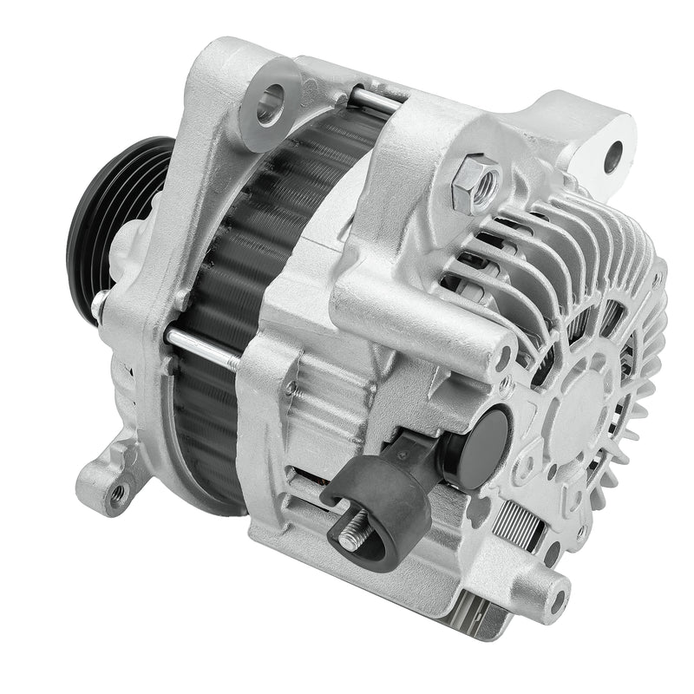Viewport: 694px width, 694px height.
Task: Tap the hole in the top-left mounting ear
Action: point(272,102)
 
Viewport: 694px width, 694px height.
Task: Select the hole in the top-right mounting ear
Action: point(613,157)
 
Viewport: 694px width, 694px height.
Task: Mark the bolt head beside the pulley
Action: point(103,304)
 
